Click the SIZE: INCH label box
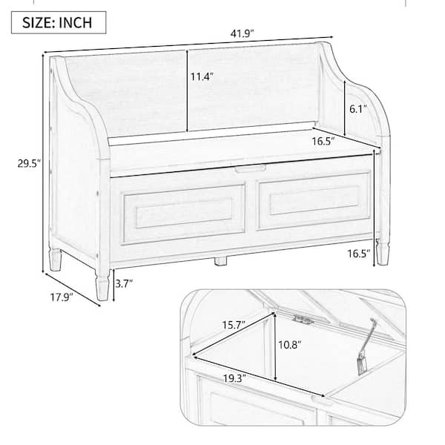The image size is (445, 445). pos(59,23)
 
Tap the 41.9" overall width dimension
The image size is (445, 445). pos(242,34)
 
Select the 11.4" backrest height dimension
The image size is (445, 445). pos(202,76)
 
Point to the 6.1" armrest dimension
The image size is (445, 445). pos(358,109)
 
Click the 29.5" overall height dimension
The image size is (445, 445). pos(29,164)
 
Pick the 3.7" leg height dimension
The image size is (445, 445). pos(124,283)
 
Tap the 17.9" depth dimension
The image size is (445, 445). pos(62,297)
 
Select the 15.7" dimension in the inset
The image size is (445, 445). pos(234,325)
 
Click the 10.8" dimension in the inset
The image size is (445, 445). pos(289,345)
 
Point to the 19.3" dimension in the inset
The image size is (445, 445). pos(234,378)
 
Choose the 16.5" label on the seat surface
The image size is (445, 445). pos(323,141)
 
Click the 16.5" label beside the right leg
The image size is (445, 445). pos(359,254)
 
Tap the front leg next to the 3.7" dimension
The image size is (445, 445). pos(102,284)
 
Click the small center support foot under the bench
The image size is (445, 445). pos(220,261)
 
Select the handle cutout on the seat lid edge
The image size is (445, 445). pos(250,168)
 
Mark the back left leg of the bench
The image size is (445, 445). pos(56,259)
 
